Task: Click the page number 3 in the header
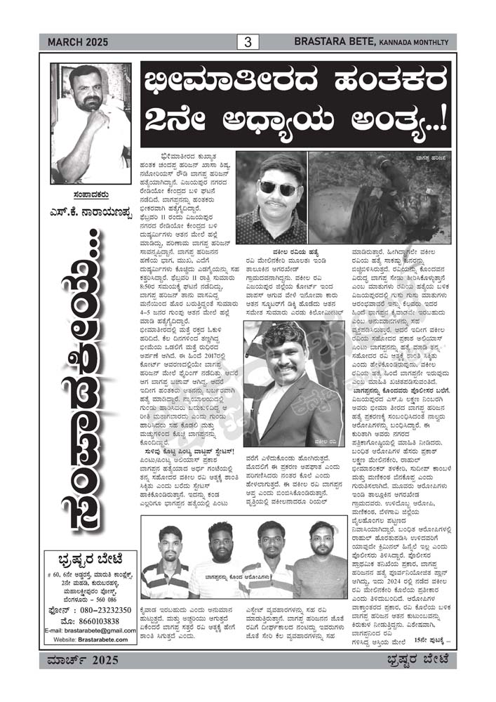(247, 42)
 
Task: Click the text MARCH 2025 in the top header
(78, 43)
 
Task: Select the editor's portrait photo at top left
(91, 124)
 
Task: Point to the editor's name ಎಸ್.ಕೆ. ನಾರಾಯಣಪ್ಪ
(91, 212)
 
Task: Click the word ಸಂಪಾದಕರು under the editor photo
(91, 197)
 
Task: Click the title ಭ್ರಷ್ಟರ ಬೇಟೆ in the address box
(91, 559)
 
